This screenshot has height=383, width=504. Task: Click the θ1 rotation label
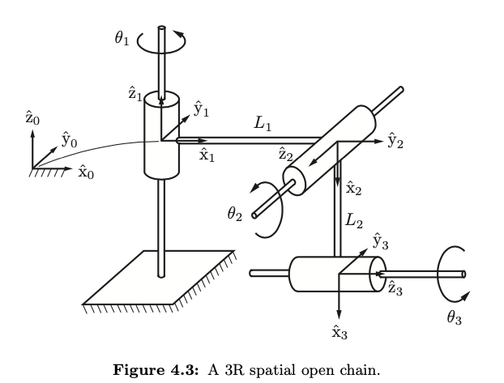click(122, 38)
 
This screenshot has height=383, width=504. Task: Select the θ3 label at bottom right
click(454, 319)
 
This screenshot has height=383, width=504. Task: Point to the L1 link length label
click(263, 124)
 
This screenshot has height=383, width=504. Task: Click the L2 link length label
click(354, 219)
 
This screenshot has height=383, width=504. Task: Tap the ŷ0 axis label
click(70, 139)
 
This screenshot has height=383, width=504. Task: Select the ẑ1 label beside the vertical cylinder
click(135, 94)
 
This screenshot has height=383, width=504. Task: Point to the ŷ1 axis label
click(202, 109)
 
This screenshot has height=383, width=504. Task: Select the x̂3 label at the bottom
click(340, 331)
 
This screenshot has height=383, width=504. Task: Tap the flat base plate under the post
click(154, 279)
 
